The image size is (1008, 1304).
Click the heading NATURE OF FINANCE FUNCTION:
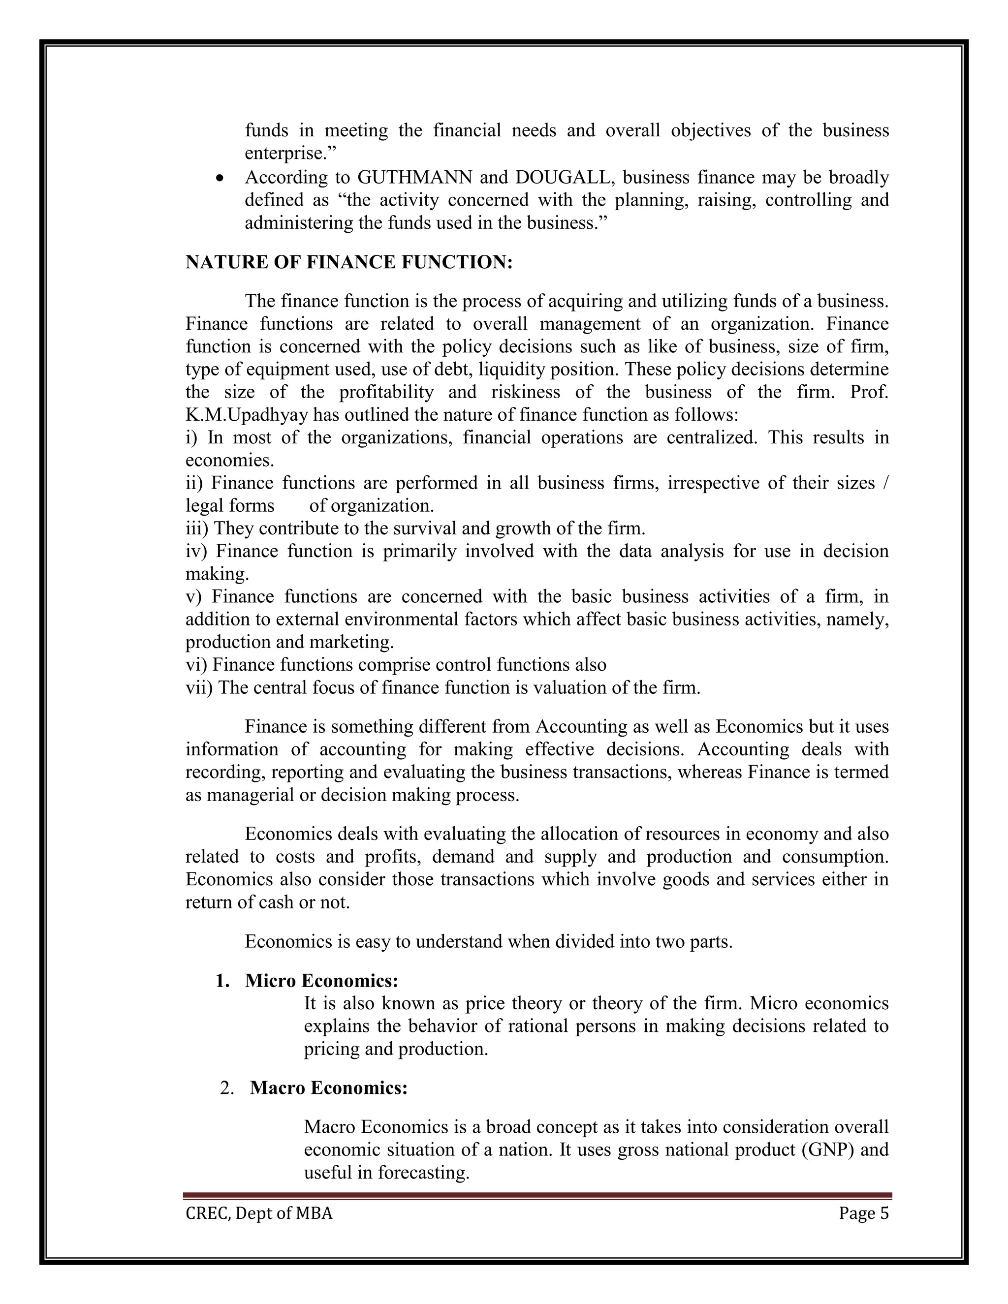pos(349,262)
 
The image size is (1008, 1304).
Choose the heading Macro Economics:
pos(328,1087)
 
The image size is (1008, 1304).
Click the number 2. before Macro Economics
pos(227,1088)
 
